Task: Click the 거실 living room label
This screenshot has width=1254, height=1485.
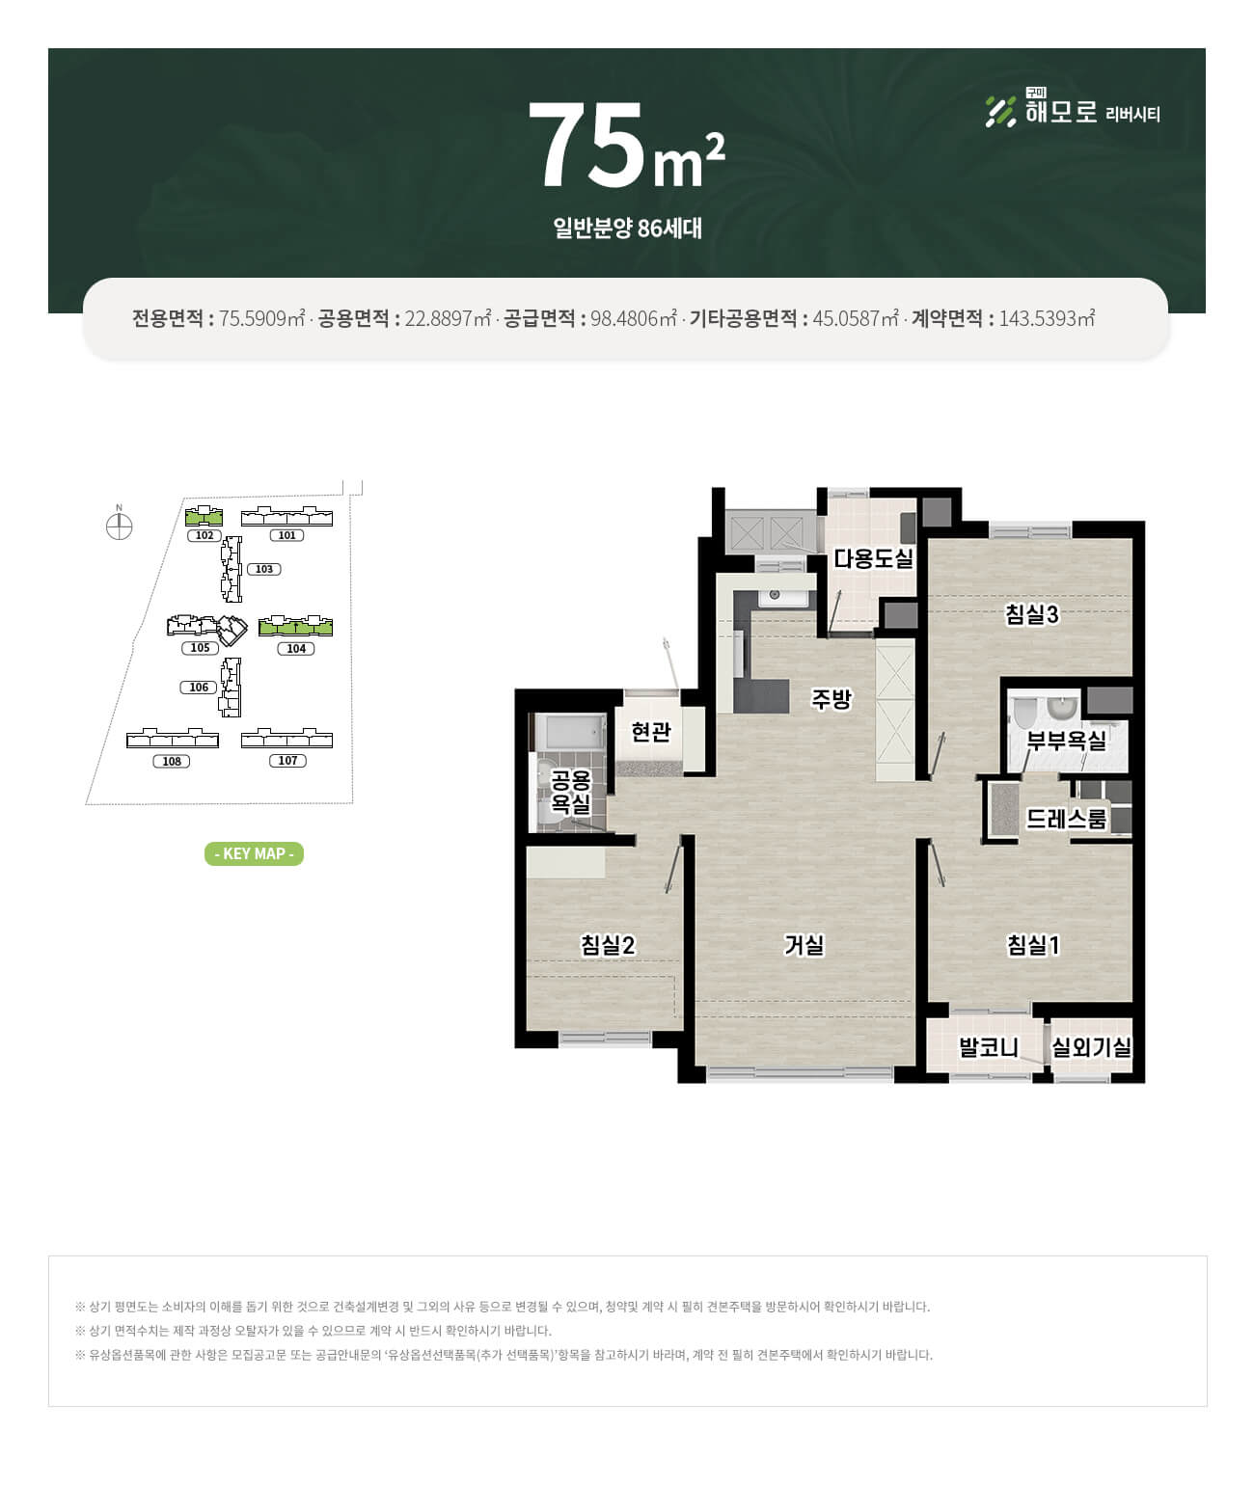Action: click(x=804, y=945)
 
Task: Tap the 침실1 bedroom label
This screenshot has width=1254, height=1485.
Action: click(x=1033, y=945)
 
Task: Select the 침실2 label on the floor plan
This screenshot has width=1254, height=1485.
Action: click(x=608, y=945)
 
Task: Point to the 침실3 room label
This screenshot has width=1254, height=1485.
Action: click(x=1032, y=614)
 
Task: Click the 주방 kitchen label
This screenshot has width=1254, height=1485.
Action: click(x=831, y=699)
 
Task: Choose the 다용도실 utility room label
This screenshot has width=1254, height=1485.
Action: click(x=873, y=558)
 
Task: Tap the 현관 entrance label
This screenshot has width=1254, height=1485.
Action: click(x=651, y=731)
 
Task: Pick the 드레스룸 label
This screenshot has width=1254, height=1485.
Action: click(x=1066, y=820)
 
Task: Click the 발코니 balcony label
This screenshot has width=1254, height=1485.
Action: click(x=989, y=1047)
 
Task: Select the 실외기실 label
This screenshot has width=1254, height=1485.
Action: click(x=1092, y=1047)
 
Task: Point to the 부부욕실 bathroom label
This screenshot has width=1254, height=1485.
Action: click(x=1066, y=742)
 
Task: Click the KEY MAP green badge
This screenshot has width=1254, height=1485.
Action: click(x=254, y=853)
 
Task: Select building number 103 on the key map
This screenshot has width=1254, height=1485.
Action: click(x=264, y=569)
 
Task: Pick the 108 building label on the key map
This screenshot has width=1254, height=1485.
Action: click(x=172, y=761)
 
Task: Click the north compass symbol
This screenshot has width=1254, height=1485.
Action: click(x=119, y=527)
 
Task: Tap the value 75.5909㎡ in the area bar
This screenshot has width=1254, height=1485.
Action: click(x=262, y=318)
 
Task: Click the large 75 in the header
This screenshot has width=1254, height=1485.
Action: click(x=586, y=145)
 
